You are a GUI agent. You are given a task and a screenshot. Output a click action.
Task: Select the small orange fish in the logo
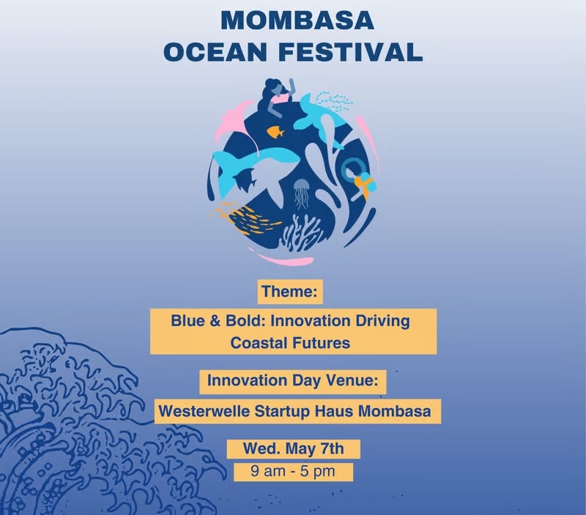275,132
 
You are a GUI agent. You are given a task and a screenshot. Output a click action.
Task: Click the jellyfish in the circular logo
300,193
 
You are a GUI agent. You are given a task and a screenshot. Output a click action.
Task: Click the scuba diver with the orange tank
359,178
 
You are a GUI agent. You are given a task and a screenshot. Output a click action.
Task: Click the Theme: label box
291,292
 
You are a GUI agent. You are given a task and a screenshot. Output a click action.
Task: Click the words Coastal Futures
290,342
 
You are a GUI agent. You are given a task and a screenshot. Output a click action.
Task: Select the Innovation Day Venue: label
293,382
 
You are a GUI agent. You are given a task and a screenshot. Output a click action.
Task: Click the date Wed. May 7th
293,448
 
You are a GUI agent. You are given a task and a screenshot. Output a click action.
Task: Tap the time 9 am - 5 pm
293,471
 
